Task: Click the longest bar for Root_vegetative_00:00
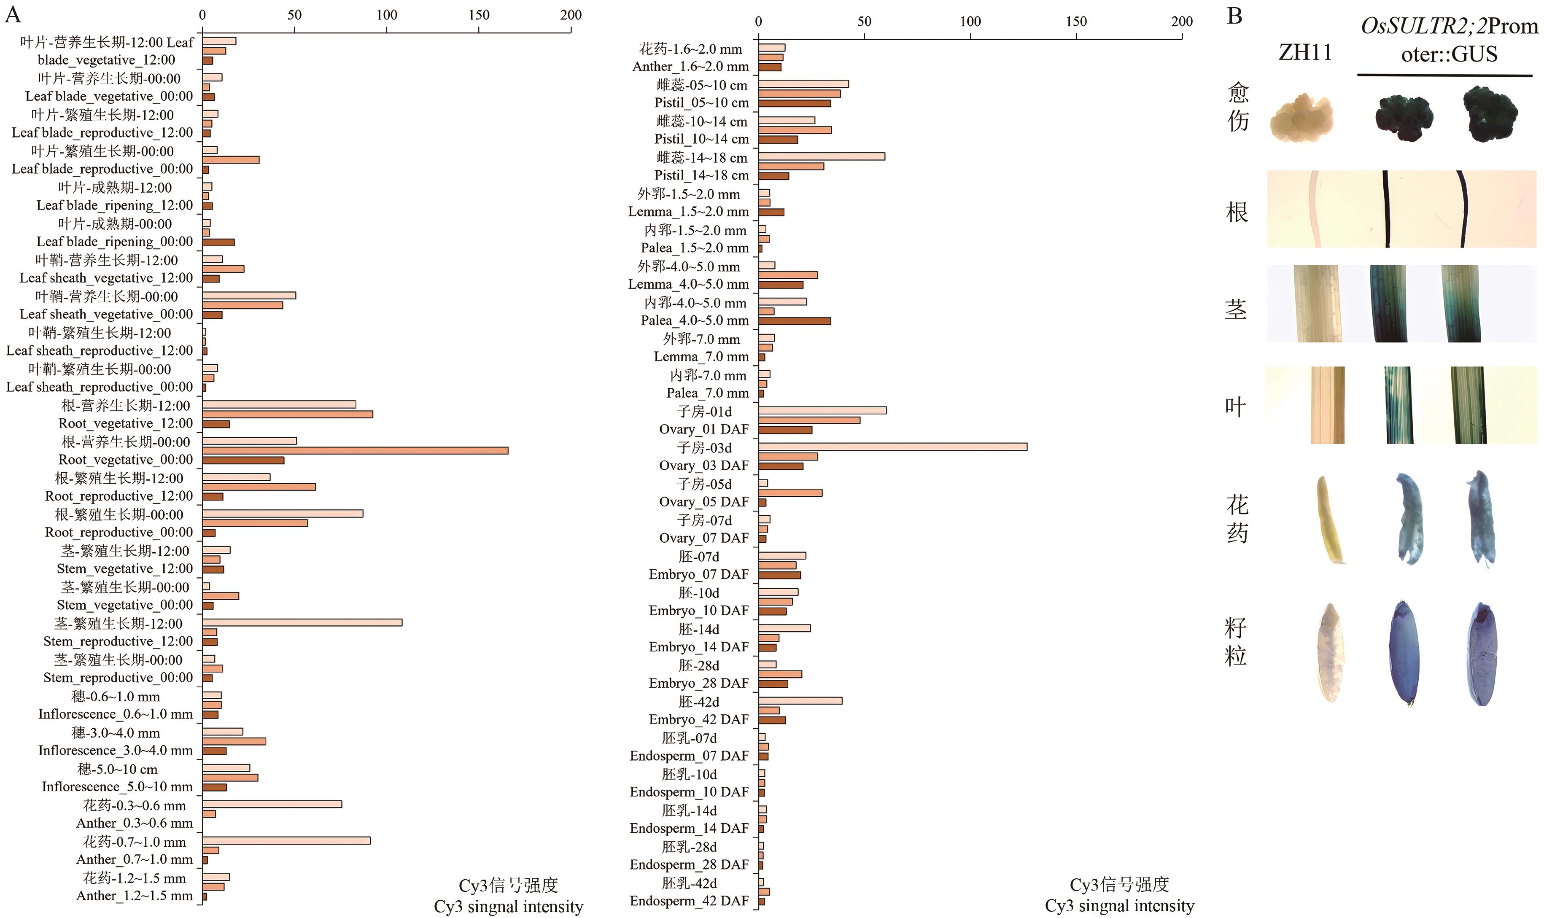click(355, 450)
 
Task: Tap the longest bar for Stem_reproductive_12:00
click(302, 622)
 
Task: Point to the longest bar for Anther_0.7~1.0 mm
click(286, 841)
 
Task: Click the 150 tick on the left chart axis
click(479, 15)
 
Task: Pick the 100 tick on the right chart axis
click(970, 22)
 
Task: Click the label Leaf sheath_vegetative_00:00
click(106, 314)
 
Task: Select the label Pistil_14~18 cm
click(701, 175)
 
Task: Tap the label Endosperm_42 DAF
click(689, 901)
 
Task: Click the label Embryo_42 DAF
click(698, 719)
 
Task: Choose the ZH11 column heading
click(1305, 53)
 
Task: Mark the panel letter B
click(1235, 16)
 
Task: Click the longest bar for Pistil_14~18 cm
click(822, 156)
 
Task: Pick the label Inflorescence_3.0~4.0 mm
click(116, 750)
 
